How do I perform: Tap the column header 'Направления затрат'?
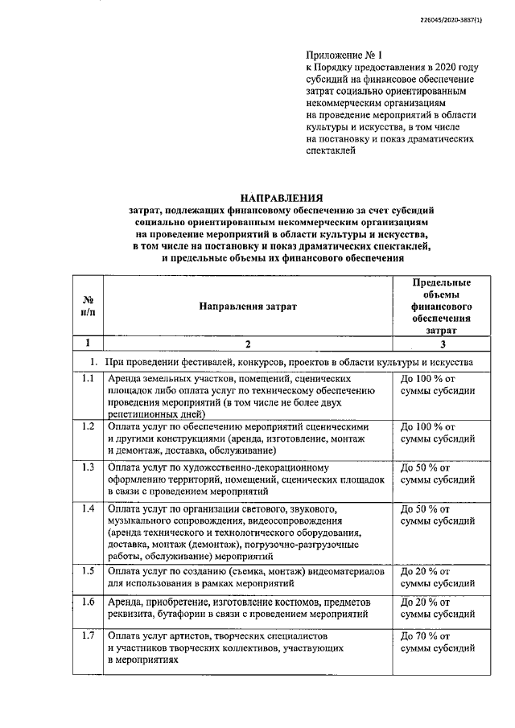click(248, 306)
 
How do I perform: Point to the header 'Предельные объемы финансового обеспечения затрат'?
click(440, 306)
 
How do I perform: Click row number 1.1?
click(89, 378)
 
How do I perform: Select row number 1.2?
click(89, 426)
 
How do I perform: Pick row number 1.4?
click(89, 510)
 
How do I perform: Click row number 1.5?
click(89, 571)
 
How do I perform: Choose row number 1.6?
click(89, 603)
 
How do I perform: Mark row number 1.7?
click(89, 635)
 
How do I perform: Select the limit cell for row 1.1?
click(438, 385)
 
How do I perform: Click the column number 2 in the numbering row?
click(248, 343)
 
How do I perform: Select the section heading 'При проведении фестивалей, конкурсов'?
click(282, 362)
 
